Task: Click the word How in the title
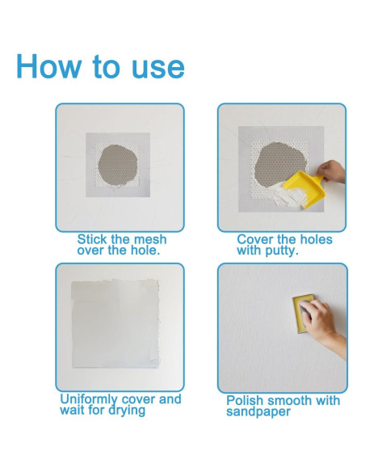point(49,66)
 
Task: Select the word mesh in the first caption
point(150,239)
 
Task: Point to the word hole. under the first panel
point(145,251)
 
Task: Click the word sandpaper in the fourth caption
point(258,412)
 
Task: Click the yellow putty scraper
point(300,188)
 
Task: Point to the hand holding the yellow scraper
point(332,171)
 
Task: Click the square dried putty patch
point(115,323)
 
